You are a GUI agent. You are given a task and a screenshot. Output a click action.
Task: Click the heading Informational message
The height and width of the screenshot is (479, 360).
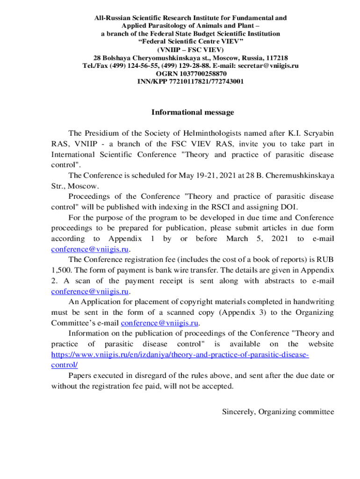click(x=193, y=112)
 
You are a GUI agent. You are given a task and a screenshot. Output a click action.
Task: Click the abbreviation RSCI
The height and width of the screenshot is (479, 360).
click(x=236, y=207)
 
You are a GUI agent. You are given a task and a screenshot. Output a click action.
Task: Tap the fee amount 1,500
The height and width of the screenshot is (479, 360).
click(x=60, y=270)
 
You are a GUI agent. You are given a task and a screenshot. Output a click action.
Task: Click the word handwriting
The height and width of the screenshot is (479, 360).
click(x=312, y=302)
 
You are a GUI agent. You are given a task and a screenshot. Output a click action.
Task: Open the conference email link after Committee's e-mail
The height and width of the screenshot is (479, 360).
click(x=160, y=323)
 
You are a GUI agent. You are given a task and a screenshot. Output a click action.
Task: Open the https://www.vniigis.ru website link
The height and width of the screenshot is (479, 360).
click(x=180, y=355)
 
